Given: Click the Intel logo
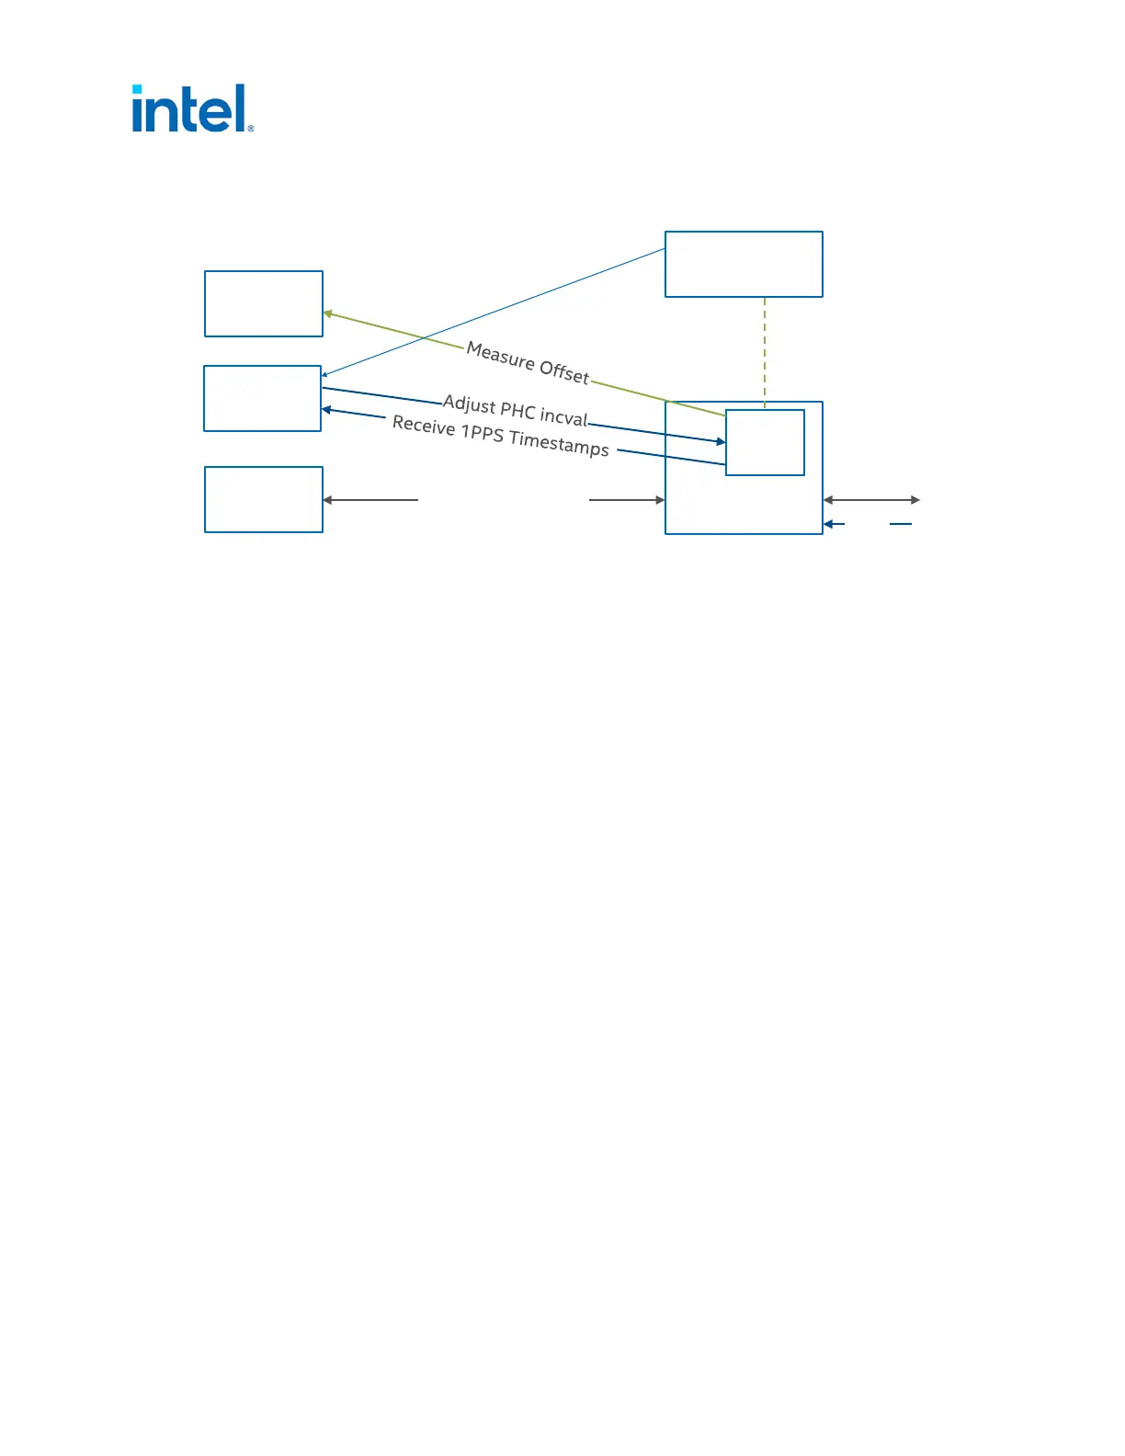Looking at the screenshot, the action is (191, 109).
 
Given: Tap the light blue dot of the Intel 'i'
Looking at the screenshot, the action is (137, 89).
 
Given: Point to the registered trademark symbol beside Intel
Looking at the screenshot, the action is (251, 129).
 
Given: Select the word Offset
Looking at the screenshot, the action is (564, 371).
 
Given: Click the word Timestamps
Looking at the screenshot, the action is (559, 443).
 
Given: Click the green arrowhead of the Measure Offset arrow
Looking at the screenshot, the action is (327, 314).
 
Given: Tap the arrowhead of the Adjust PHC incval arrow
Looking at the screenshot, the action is (721, 442).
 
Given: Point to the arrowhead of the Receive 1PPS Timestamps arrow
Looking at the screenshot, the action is (326, 410).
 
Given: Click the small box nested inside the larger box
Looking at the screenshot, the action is (765, 442).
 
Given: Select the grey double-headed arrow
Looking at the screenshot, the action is (871, 500).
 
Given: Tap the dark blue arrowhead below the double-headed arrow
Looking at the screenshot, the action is (828, 524).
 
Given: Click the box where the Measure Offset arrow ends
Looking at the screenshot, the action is (264, 303).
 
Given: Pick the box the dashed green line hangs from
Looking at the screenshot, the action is (744, 264).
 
